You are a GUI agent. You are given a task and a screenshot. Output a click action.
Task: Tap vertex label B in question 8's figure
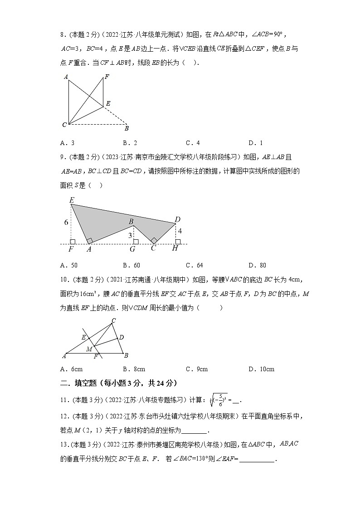coord(126,128)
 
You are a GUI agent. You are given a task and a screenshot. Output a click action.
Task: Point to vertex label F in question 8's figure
coord(107,77)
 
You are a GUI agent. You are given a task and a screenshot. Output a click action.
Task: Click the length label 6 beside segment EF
coord(66,223)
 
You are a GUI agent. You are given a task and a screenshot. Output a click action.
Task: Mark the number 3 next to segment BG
coord(130,236)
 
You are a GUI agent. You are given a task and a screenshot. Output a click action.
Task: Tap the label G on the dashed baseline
coord(132,249)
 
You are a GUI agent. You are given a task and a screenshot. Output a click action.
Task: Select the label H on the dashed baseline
coord(175,249)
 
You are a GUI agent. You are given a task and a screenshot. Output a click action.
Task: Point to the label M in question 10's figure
coord(89,349)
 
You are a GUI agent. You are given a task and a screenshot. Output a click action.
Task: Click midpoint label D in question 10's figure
coord(121,337)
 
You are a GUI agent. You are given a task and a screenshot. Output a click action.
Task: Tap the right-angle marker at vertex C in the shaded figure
coord(154,240)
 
